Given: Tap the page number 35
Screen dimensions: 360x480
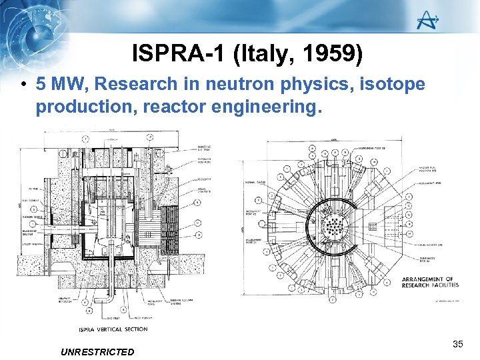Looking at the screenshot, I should click(x=457, y=344).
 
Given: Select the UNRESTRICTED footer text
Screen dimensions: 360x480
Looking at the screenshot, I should click(x=97, y=351).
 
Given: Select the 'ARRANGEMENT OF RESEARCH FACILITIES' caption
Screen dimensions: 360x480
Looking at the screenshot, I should click(x=430, y=282).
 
